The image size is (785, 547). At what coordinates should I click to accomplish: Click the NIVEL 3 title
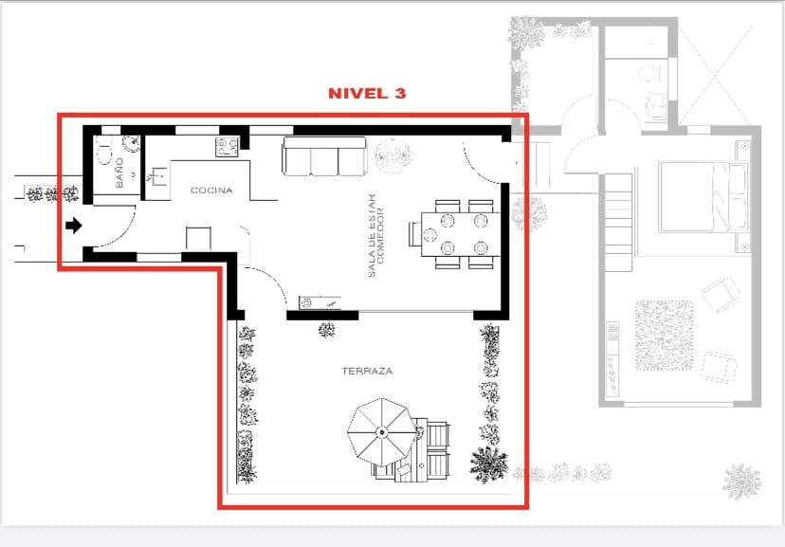pos(367,94)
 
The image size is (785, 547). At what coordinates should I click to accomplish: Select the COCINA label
pos(211,191)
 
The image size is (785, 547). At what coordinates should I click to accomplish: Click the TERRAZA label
pos(368,371)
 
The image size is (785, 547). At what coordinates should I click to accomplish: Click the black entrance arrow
pos(74,227)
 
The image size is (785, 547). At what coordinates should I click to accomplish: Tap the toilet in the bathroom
pos(104,148)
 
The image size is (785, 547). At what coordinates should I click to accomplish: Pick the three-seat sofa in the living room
pos(324,156)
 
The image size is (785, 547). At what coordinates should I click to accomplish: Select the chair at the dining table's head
pos(415,234)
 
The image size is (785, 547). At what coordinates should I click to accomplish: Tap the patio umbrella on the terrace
pos(380,432)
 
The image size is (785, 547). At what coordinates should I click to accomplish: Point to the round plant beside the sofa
pos(389,154)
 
